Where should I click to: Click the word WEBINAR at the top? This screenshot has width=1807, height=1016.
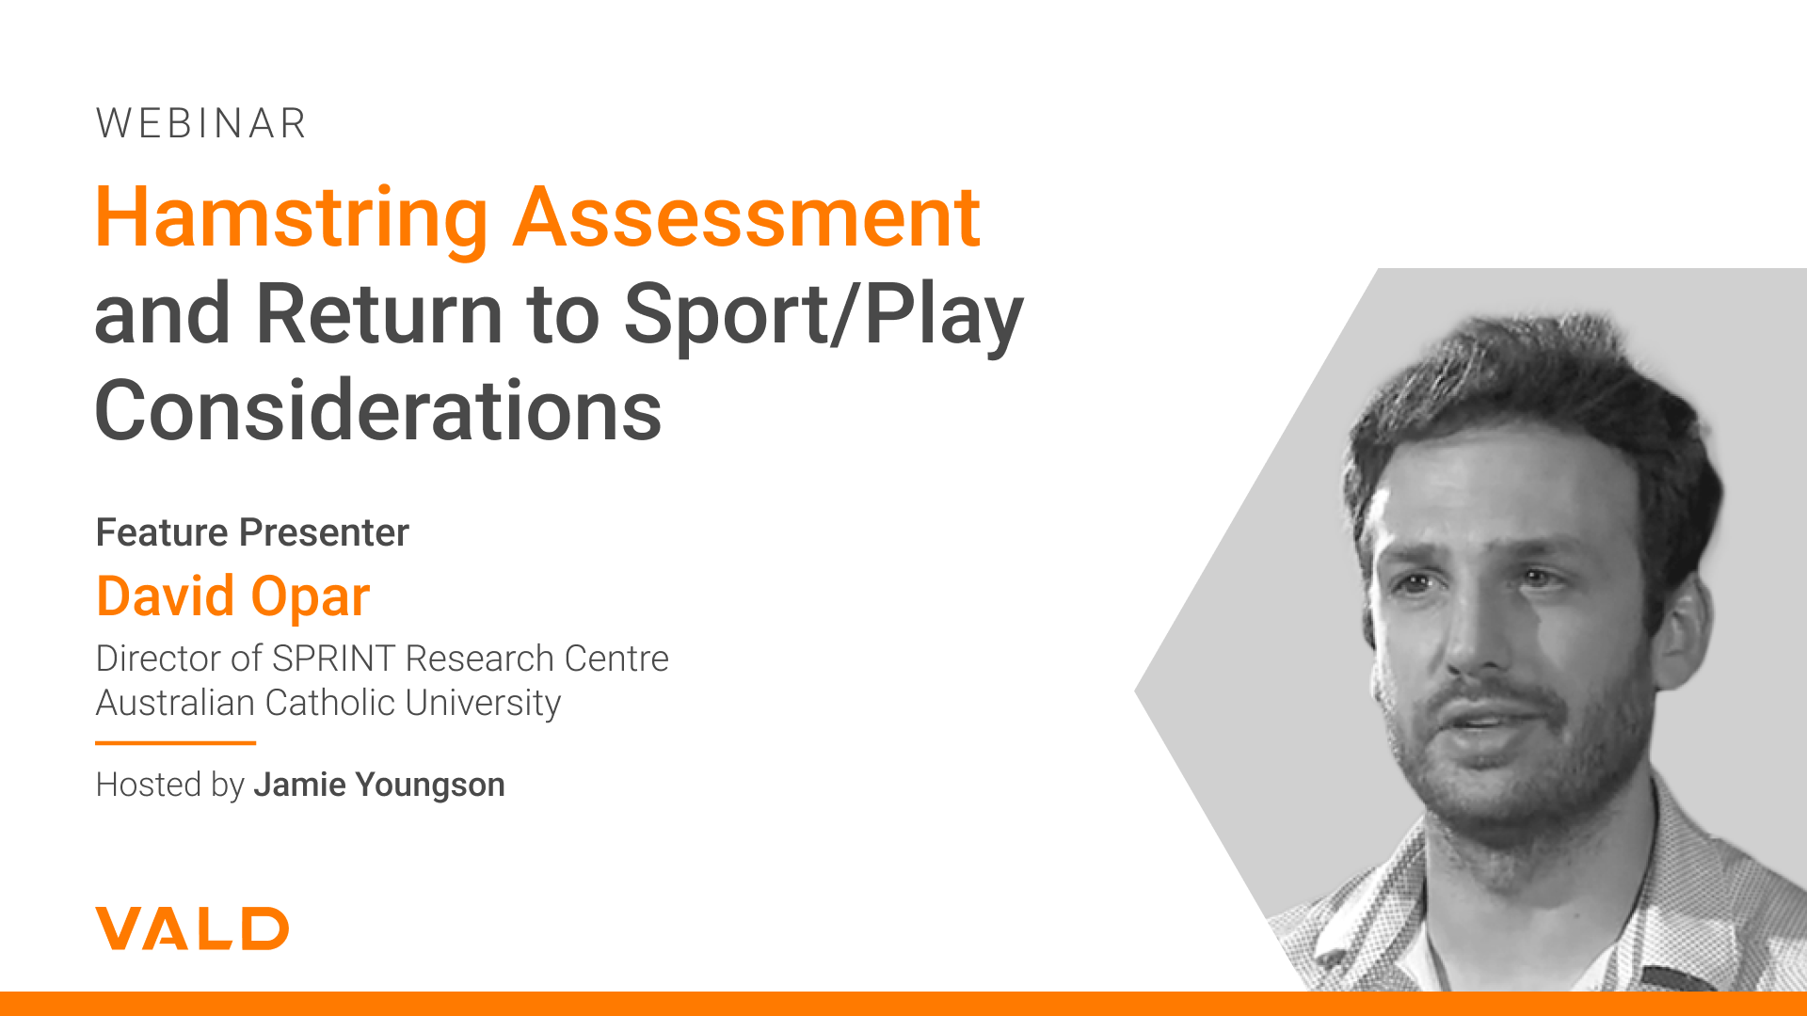[201, 123]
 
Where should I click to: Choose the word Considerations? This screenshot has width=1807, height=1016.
[378, 410]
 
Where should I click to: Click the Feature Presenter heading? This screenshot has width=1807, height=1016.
[252, 532]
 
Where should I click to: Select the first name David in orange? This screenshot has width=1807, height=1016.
[166, 596]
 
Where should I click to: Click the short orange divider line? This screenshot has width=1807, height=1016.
[175, 743]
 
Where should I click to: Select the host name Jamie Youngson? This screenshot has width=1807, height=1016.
[379, 785]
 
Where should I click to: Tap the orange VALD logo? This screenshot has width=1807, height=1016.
[192, 929]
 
